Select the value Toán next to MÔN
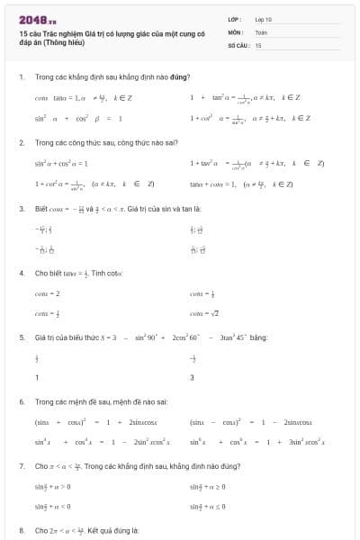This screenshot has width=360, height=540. click(x=261, y=31)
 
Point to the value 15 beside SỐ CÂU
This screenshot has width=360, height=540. click(x=258, y=44)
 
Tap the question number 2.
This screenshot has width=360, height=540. click(x=21, y=143)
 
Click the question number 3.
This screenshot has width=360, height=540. click(x=21, y=209)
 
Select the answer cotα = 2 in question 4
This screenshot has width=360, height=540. click(x=48, y=293)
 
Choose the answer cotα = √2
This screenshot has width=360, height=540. click(x=205, y=312)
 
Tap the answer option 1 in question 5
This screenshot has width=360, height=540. click(x=37, y=377)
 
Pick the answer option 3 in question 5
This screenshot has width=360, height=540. click(x=192, y=377)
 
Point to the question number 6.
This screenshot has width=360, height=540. click(x=21, y=401)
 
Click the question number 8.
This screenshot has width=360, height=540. click(x=21, y=531)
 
